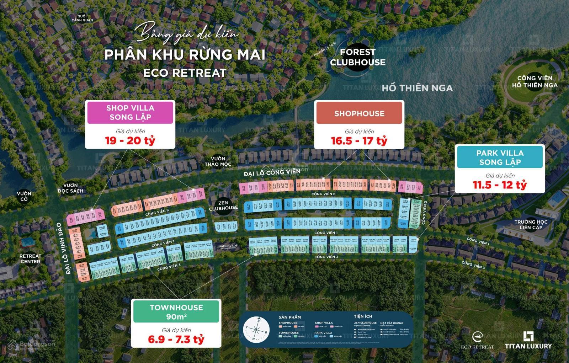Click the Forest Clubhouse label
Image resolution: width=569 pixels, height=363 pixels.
tap(357, 57)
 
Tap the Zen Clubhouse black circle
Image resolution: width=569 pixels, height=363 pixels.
tap(223, 205)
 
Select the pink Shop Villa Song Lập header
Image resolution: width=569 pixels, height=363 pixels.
tap(130, 112)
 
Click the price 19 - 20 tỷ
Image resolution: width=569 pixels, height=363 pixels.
tap(130, 140)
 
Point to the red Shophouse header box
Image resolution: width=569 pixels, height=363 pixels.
tap(359, 113)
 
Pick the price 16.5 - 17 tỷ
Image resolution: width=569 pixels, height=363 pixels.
tap(359, 141)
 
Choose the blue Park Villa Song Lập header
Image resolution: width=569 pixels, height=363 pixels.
tap(500, 158)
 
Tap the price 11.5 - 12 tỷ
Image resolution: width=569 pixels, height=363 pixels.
tap(500, 185)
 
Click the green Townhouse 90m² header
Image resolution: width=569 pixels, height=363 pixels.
tap(176, 312)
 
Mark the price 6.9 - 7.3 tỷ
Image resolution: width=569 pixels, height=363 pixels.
tap(176, 339)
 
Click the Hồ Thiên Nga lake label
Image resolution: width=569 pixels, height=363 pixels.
tap(417, 88)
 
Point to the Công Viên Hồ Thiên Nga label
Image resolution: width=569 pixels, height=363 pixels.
tap(535, 82)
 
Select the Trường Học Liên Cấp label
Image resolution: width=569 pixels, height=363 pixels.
tap(531, 225)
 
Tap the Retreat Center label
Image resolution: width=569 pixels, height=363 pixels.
tap(30, 259)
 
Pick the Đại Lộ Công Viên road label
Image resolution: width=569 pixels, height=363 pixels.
tap(272, 173)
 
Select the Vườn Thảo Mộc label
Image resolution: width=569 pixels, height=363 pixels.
tap(218, 161)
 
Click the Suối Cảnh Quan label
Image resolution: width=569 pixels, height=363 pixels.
tap(82, 18)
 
